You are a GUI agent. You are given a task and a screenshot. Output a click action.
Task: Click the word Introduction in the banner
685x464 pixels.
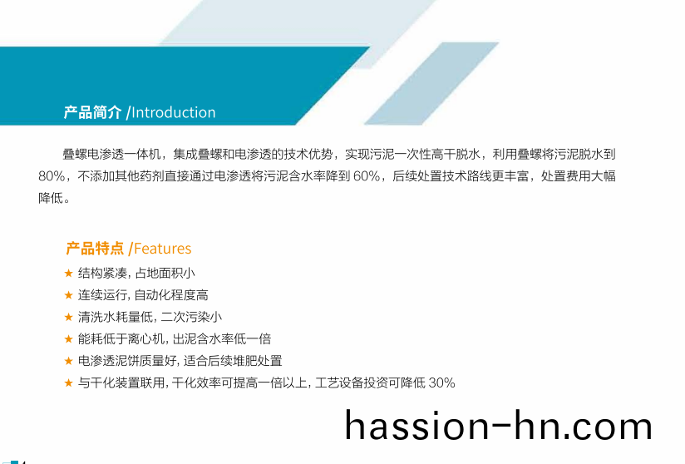(x=174, y=113)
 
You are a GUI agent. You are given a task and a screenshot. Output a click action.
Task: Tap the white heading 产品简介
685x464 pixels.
(x=92, y=112)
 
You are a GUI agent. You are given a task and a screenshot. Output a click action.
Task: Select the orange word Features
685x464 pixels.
(x=162, y=249)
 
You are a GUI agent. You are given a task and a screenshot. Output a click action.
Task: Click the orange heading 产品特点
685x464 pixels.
(x=95, y=248)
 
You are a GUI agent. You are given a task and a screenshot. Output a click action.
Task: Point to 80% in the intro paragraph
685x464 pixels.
(x=52, y=176)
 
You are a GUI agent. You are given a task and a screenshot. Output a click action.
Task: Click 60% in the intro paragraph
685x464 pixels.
(x=367, y=176)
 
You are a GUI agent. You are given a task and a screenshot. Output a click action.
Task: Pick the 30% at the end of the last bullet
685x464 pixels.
(x=441, y=383)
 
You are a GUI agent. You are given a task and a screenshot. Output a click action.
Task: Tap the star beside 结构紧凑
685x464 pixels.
(x=69, y=274)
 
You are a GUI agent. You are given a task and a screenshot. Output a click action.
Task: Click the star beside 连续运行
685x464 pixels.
(x=69, y=295)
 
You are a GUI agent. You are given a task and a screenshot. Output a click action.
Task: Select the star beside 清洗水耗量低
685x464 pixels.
(x=69, y=317)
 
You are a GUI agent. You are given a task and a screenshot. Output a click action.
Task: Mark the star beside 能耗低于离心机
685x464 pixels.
(x=69, y=339)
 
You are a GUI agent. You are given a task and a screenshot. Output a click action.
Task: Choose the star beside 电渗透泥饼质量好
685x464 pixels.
(x=69, y=361)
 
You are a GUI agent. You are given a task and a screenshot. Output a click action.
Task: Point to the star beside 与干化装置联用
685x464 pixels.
(x=69, y=383)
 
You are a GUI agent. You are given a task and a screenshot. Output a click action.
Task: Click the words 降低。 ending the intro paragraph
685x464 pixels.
(x=54, y=199)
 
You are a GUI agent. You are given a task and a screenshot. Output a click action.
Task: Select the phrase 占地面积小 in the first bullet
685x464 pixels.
(x=165, y=274)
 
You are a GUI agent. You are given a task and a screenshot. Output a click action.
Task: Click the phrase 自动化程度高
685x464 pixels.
(x=171, y=295)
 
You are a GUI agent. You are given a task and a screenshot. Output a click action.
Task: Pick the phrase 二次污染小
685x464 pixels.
(x=192, y=317)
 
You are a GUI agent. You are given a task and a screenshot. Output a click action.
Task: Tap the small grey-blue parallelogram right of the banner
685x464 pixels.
(x=431, y=83)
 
